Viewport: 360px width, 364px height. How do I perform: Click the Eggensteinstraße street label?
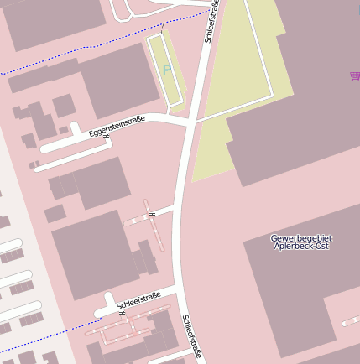point(117,126)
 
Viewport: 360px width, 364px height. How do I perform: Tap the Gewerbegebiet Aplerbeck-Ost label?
point(300,242)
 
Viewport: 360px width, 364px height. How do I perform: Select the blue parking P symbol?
point(166,70)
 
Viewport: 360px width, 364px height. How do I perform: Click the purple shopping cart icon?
point(355,76)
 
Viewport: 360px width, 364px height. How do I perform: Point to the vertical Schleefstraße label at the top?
point(212,22)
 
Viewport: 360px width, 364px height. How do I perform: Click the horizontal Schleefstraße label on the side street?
point(138,299)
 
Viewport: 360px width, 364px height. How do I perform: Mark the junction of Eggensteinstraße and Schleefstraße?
point(191,123)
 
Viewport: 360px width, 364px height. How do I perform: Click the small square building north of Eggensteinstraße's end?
point(64,106)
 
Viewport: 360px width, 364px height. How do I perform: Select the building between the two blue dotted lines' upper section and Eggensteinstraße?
point(117,80)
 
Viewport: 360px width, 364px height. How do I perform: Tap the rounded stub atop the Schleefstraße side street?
point(107,299)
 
